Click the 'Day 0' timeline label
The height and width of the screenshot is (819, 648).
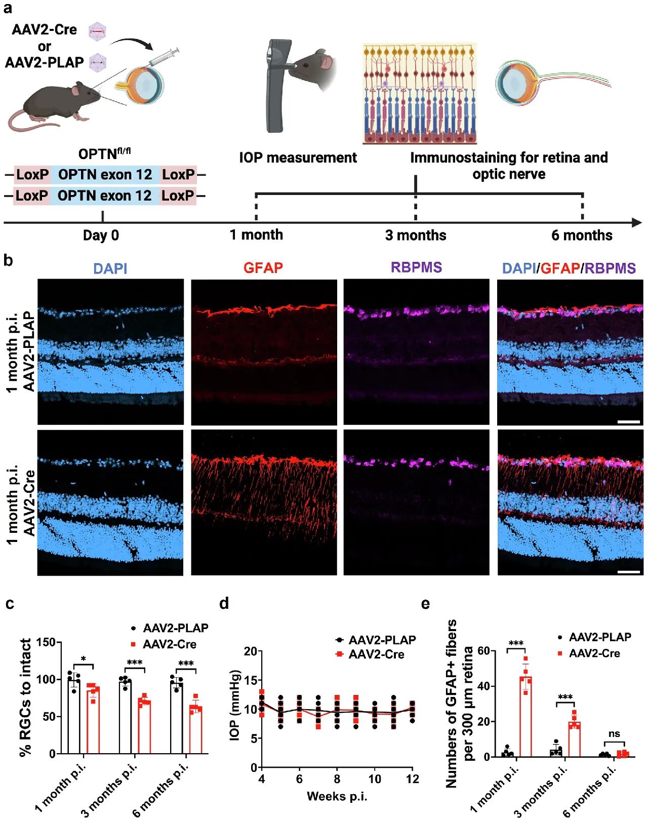pyautogui.click(x=101, y=236)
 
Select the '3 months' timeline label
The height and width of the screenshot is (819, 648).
pyautogui.click(x=416, y=236)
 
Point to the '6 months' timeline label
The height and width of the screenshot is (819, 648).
pyautogui.click(x=582, y=236)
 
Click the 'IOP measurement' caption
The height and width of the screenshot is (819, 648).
pyautogui.click(x=298, y=158)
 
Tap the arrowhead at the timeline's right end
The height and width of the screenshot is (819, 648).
pyautogui.click(x=637, y=222)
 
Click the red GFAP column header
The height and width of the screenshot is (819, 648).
pyautogui.click(x=263, y=267)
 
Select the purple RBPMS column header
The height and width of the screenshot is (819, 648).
pyautogui.click(x=416, y=267)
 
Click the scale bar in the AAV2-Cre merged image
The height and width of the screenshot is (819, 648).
pyautogui.click(x=629, y=572)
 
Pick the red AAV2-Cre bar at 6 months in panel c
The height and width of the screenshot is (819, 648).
pyautogui.click(x=195, y=729)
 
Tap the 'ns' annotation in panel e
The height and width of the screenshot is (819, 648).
pyautogui.click(x=614, y=734)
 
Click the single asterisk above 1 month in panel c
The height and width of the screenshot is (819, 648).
pyautogui.click(x=84, y=659)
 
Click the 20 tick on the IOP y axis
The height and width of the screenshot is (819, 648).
pyautogui.click(x=250, y=651)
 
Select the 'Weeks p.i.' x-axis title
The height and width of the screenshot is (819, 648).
pyautogui.click(x=337, y=796)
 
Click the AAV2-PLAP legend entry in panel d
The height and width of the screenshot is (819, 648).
pyautogui.click(x=382, y=640)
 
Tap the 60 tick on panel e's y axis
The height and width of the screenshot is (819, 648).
pyautogui.click(x=483, y=650)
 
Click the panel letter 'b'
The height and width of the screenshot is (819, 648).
pyautogui.click(x=8, y=260)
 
